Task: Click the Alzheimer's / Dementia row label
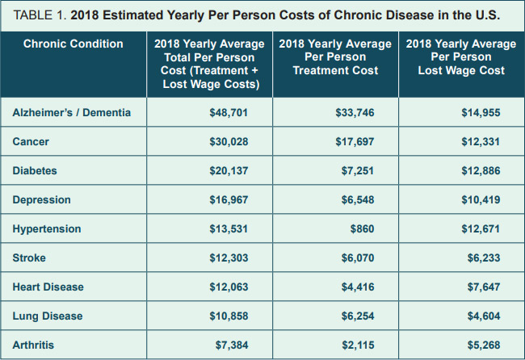[71, 113]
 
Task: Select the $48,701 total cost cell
[228, 113]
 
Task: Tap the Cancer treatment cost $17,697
[355, 142]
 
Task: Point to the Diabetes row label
[35, 171]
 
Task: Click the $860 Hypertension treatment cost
[362, 229]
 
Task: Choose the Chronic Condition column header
[73, 44]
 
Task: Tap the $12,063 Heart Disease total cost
[228, 287]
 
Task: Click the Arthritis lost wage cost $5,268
[483, 345]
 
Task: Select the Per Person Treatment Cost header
[335, 57]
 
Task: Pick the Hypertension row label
[47, 229]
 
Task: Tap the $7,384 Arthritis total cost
[231, 345]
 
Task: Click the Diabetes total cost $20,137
[228, 171]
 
